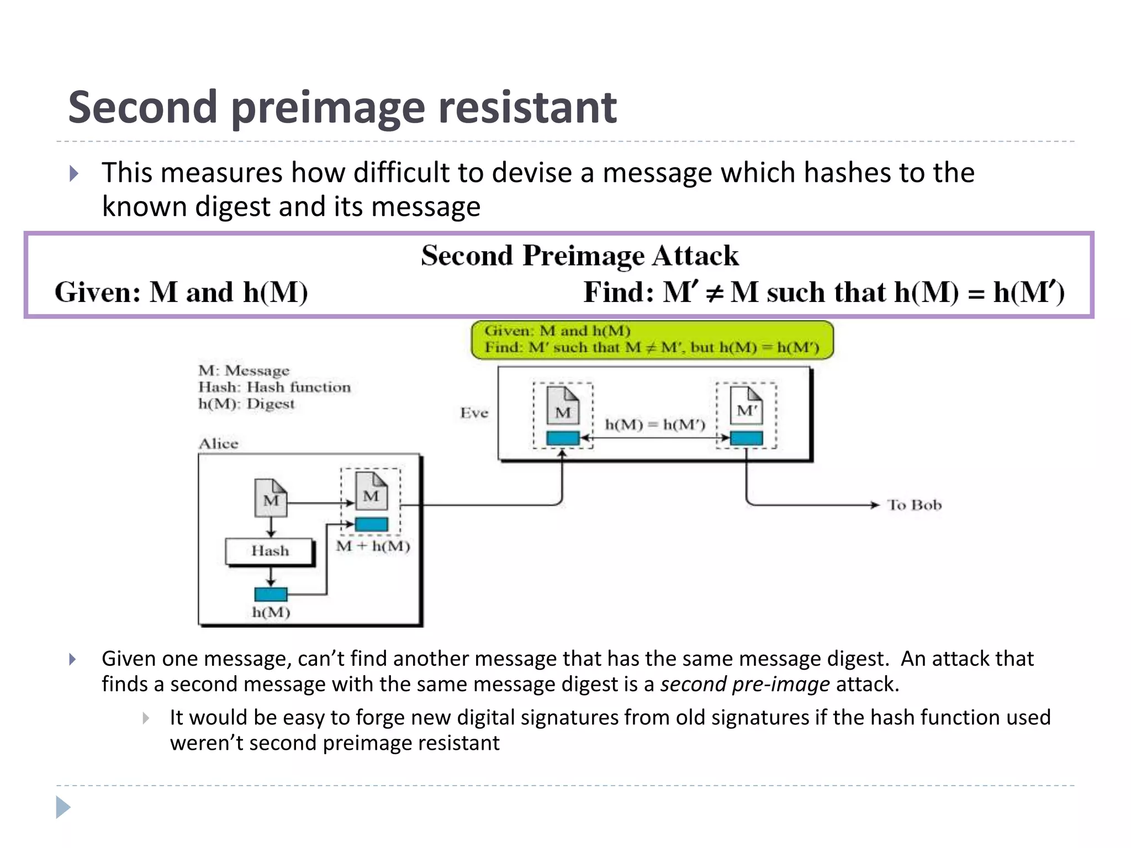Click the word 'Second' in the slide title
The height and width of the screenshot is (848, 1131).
pos(142,107)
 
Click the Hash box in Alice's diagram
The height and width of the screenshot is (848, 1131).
pos(270,551)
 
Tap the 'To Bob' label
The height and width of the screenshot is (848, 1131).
pos(914,505)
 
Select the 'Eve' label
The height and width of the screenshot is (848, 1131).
pos(474,413)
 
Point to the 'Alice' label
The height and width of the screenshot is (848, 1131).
pos(219,444)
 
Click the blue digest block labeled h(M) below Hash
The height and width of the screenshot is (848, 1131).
pos(271,594)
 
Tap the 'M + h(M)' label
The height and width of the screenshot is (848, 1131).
pos(373,547)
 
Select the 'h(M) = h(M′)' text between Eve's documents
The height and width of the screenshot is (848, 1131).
pos(655,425)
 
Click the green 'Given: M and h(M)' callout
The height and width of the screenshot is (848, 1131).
pos(652,340)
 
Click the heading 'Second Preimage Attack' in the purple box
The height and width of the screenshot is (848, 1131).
pos(579,256)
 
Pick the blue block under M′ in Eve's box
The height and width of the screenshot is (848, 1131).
pos(746,438)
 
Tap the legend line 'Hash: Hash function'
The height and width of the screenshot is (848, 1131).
pos(274,387)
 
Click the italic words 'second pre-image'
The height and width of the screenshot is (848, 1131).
pos(744,685)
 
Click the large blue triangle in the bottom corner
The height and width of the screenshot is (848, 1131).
pos(63,807)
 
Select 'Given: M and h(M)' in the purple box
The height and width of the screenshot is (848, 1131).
pos(181,292)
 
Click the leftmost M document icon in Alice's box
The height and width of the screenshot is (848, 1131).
pos(271,498)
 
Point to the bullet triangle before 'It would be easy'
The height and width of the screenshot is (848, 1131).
pos(145,718)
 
